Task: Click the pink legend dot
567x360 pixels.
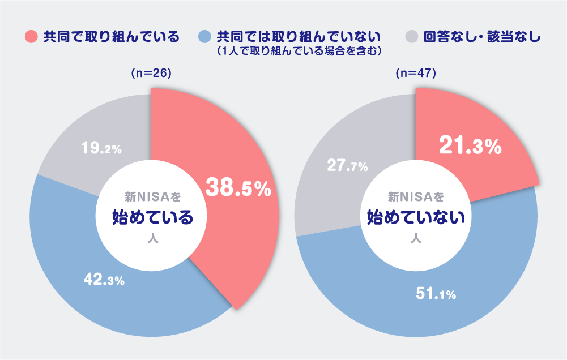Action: [x=32, y=37]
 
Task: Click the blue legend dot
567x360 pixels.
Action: [x=204, y=37]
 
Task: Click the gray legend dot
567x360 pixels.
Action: [x=412, y=37]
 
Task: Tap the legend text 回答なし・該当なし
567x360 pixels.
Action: [x=482, y=37]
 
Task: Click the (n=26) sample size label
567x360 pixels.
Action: [x=151, y=74]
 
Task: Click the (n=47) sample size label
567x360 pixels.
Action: [x=416, y=74]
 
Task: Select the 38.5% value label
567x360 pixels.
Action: [x=238, y=188]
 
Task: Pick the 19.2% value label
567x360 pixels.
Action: [x=101, y=149]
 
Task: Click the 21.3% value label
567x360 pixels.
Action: [x=470, y=147]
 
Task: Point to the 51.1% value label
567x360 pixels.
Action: [x=436, y=294]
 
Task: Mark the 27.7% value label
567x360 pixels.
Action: [x=348, y=166]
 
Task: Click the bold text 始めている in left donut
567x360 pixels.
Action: [x=152, y=216]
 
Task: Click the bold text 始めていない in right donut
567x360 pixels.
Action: [x=416, y=216]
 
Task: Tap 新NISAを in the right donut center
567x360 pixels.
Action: [x=416, y=197]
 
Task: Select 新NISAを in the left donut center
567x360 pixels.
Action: [x=152, y=197]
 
